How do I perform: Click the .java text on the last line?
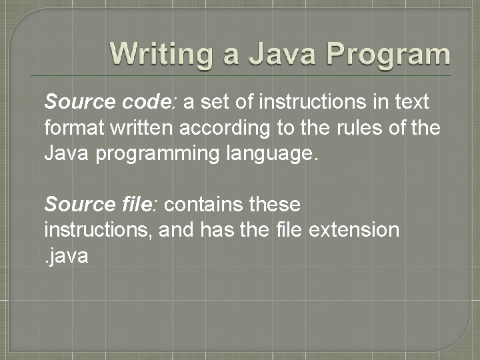67,255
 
